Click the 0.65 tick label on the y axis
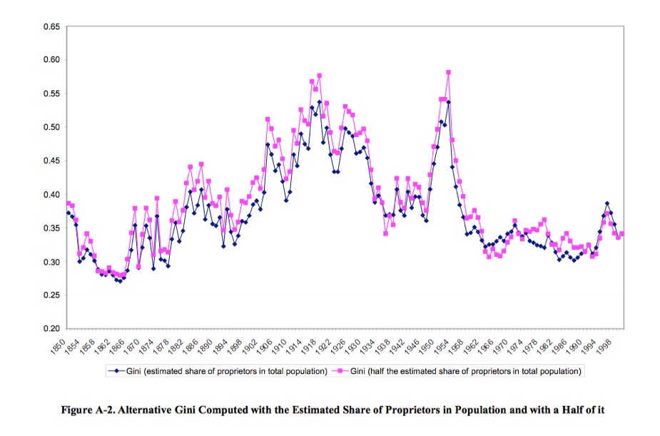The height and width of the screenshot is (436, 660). [50, 26]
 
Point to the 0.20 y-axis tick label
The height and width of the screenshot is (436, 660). [50, 329]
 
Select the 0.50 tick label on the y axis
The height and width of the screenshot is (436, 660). [50, 127]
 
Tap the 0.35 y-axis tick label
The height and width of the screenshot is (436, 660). [50, 228]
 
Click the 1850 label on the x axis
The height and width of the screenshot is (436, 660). [60, 344]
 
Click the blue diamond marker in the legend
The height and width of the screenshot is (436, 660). [115, 371]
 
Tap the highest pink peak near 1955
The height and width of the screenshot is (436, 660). [448, 72]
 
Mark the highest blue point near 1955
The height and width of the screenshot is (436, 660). [448, 102]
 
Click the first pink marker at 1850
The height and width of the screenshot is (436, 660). [68, 203]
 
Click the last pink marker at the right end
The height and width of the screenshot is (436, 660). [622, 234]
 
